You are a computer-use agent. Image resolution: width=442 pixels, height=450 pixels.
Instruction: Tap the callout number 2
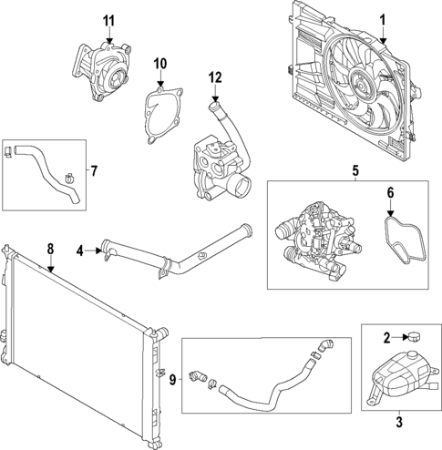click(386, 338)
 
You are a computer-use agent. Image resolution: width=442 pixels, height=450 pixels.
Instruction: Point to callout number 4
click(80, 249)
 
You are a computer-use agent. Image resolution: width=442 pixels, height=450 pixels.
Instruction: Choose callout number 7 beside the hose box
click(91, 169)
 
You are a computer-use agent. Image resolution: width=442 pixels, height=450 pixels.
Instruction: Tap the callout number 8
click(50, 246)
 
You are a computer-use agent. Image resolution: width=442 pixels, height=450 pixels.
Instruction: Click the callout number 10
click(160, 64)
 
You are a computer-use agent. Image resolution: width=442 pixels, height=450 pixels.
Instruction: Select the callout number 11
click(108, 20)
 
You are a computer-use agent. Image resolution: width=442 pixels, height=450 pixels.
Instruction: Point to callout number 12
click(215, 77)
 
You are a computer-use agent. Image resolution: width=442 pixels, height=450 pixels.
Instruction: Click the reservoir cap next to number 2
click(414, 337)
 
